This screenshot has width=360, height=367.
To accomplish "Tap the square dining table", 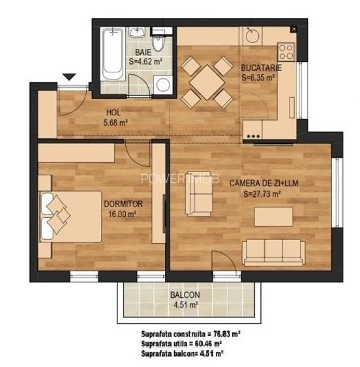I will point(207,82).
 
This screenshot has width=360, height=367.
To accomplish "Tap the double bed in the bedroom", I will point(70,216).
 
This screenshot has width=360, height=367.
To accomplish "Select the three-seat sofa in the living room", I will point(273,252).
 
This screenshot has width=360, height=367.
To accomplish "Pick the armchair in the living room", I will point(199,196).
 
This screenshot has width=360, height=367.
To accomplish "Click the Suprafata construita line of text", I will point(190,334).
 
